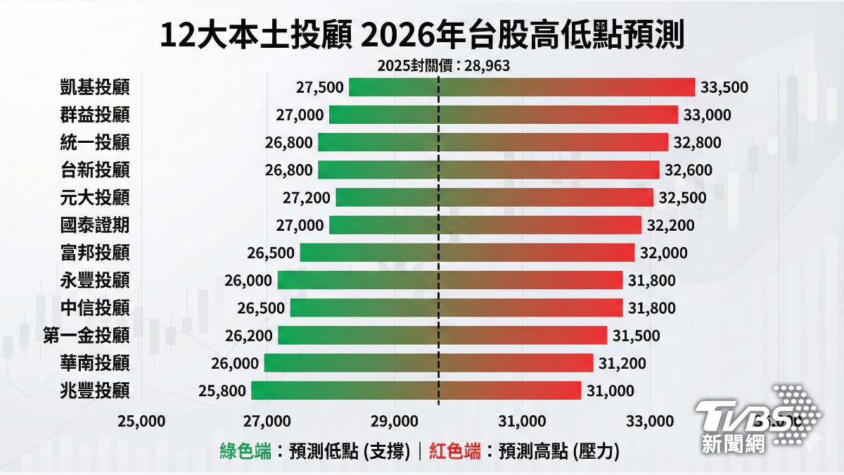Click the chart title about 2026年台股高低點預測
(x=422, y=35)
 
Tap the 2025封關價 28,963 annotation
(x=444, y=65)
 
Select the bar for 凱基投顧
(x=522, y=87)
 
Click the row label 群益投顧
(x=95, y=115)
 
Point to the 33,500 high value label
(x=724, y=87)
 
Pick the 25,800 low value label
(x=222, y=391)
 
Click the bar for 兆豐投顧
(x=416, y=391)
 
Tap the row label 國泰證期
(x=95, y=225)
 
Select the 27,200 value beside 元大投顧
(x=307, y=198)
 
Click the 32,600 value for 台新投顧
(x=689, y=170)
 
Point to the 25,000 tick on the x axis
(x=141, y=421)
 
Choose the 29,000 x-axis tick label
(x=395, y=421)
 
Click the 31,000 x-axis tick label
(x=522, y=421)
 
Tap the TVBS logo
(x=757, y=419)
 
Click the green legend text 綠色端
(x=245, y=451)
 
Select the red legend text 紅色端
(x=455, y=451)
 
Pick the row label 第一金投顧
(x=87, y=336)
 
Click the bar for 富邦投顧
(x=467, y=253)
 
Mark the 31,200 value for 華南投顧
(x=622, y=363)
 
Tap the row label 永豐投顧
(x=95, y=280)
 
